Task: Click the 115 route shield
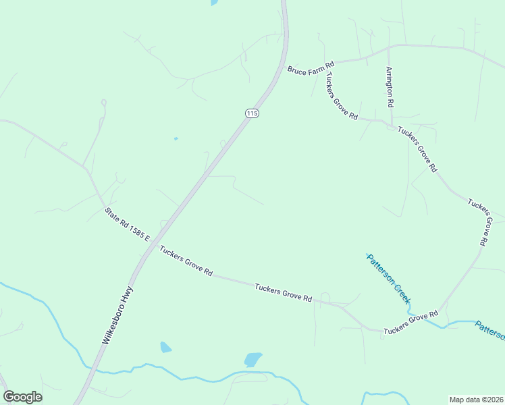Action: pyautogui.click(x=251, y=113)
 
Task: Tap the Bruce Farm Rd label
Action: pyautogui.click(x=311, y=68)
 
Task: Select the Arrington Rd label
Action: pyautogui.click(x=390, y=87)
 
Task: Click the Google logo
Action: pyautogui.click(x=22, y=397)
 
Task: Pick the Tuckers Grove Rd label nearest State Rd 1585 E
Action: pyautogui.click(x=186, y=261)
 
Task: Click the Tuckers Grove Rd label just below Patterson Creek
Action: pyautogui.click(x=411, y=323)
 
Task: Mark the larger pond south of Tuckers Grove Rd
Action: pyautogui.click(x=252, y=360)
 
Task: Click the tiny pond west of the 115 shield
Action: pyautogui.click(x=176, y=139)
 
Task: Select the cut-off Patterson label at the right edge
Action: pyautogui.click(x=489, y=330)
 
